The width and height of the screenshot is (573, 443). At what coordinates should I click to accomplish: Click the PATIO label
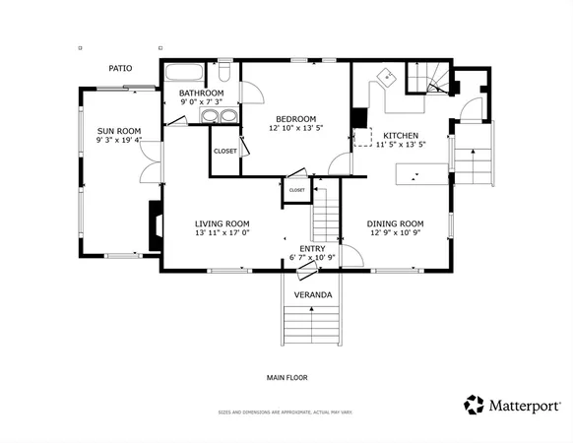(120, 68)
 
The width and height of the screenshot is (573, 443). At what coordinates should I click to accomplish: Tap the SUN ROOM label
(118, 131)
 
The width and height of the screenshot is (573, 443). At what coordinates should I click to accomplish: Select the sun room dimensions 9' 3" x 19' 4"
(118, 141)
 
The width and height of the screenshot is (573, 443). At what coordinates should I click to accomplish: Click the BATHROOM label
(201, 93)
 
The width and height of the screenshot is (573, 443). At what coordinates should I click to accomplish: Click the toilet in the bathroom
(224, 72)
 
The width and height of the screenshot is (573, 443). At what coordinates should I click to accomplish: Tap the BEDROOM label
(295, 119)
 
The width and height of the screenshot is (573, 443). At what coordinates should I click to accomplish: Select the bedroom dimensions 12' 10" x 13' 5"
(295, 129)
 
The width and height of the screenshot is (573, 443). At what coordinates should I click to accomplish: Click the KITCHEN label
(401, 135)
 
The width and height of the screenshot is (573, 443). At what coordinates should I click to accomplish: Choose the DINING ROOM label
(396, 223)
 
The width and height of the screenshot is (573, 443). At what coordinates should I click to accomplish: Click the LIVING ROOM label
(222, 223)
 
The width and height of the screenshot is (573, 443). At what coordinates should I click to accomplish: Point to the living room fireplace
(155, 226)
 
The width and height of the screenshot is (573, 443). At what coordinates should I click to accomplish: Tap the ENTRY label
(312, 248)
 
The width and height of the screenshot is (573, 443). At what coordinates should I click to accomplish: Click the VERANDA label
(312, 294)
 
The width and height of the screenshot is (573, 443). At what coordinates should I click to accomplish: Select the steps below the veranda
(312, 326)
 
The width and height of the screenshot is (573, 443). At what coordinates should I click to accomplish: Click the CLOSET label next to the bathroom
(224, 152)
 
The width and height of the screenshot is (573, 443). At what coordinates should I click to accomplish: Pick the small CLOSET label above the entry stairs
(296, 189)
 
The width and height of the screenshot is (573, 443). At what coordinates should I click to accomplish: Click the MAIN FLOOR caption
(286, 377)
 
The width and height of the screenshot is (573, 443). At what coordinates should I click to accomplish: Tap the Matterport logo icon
(475, 405)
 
